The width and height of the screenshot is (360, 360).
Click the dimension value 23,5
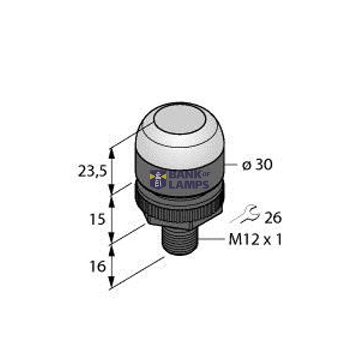coord(92,171)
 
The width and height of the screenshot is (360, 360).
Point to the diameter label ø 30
coord(257,165)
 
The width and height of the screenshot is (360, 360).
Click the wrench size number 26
coord(273,218)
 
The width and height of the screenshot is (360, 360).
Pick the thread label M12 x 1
coord(256,240)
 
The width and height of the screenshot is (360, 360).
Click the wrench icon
coord(247,212)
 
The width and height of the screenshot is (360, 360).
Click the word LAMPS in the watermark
coord(188,184)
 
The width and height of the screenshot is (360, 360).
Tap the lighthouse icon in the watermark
coord(159,179)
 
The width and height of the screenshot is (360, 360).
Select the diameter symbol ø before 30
coord(247,165)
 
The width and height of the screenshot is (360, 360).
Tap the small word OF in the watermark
coord(207,175)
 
